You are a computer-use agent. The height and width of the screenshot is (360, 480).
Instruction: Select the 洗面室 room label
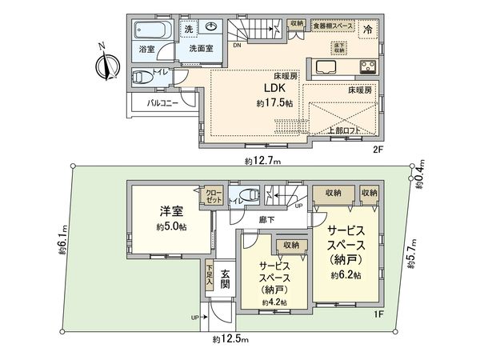click(x=200, y=49)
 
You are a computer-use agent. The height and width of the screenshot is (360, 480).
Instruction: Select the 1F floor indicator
click(x=382, y=314)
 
